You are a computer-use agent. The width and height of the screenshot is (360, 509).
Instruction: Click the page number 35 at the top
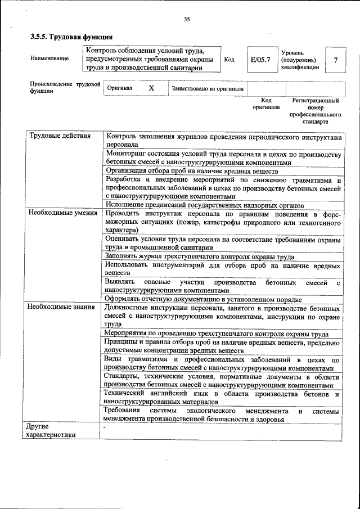tap(186, 20)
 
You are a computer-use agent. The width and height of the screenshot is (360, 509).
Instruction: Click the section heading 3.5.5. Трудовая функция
tap(67, 37)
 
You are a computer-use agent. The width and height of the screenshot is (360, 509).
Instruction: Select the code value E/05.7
tap(260, 59)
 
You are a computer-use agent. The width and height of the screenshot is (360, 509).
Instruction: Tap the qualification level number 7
tap(336, 59)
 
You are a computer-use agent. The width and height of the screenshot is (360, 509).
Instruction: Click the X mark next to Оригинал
tap(151, 88)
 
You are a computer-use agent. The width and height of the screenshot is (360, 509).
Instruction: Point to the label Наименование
tap(50, 58)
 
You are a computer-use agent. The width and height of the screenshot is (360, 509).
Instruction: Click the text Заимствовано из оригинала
tap(208, 89)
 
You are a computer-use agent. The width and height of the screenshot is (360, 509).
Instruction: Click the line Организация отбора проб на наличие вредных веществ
tap(192, 171)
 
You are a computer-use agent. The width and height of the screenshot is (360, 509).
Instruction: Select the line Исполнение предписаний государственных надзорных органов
tap(205, 206)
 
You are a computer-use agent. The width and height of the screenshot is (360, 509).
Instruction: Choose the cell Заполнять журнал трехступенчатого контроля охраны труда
tap(199, 256)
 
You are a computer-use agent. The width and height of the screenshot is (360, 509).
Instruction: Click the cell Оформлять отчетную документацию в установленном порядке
tap(204, 299)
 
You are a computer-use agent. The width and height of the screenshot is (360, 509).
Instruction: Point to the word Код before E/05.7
tap(229, 59)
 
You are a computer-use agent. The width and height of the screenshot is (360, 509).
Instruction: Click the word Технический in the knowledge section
tap(125, 393)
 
